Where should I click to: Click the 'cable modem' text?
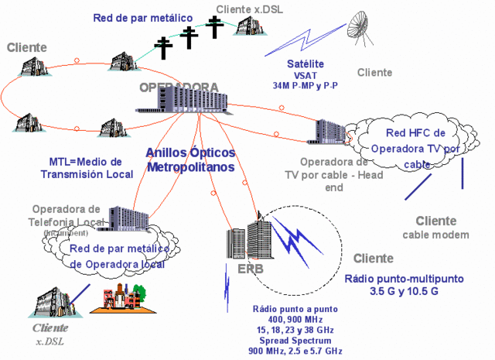click(435, 235)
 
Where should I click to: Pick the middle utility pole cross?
click(189, 38)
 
